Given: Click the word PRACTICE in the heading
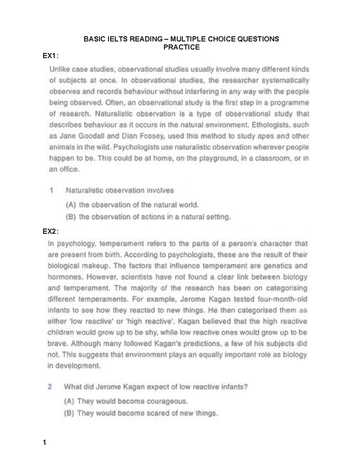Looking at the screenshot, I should (x=181, y=47).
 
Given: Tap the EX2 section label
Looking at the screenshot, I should (x=50, y=232).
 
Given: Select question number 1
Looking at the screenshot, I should (x=52, y=191).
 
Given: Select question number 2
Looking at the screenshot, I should (x=50, y=387).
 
